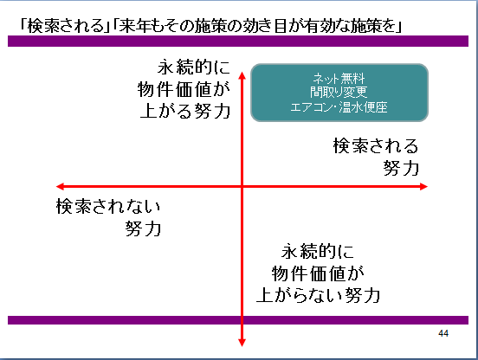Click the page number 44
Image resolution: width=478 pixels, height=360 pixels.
[x=443, y=333]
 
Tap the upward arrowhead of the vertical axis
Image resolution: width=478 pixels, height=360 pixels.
[x=242, y=75]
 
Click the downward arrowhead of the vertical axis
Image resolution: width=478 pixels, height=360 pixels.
[x=242, y=343]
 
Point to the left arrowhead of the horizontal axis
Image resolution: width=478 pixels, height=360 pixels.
[x=61, y=186]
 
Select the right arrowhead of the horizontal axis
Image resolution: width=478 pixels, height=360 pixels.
[x=423, y=186]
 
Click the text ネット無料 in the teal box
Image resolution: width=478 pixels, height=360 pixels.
[x=339, y=79]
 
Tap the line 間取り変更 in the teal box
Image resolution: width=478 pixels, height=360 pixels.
[x=339, y=93]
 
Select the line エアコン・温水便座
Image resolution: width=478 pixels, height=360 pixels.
[x=339, y=107]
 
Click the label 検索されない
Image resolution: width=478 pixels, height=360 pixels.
[x=108, y=206]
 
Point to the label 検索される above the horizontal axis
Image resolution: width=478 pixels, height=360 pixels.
[x=376, y=146]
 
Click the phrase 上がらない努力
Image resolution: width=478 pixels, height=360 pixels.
[x=318, y=295]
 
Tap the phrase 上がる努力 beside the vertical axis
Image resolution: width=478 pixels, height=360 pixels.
[x=185, y=111]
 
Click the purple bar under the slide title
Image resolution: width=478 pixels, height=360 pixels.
[x=238, y=42]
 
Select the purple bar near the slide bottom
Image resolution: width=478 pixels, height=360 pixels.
[x=238, y=320]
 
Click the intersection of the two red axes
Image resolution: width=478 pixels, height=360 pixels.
[x=242, y=186]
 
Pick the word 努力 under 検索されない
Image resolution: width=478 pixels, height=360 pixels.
[x=143, y=228]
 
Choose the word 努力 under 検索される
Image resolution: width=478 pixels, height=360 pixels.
[x=401, y=168]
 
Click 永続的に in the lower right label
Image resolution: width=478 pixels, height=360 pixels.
[x=318, y=251]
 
